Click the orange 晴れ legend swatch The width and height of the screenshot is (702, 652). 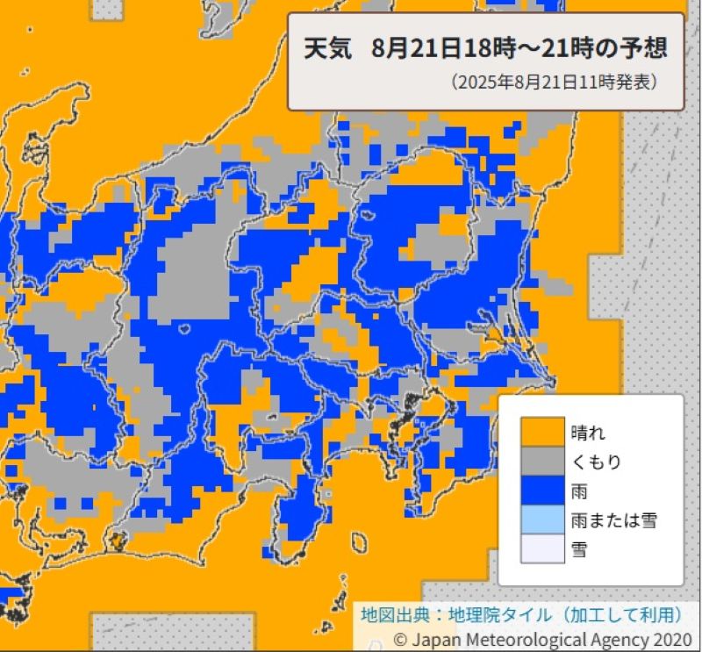coord(541,431)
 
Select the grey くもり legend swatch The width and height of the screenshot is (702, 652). coord(541,461)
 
